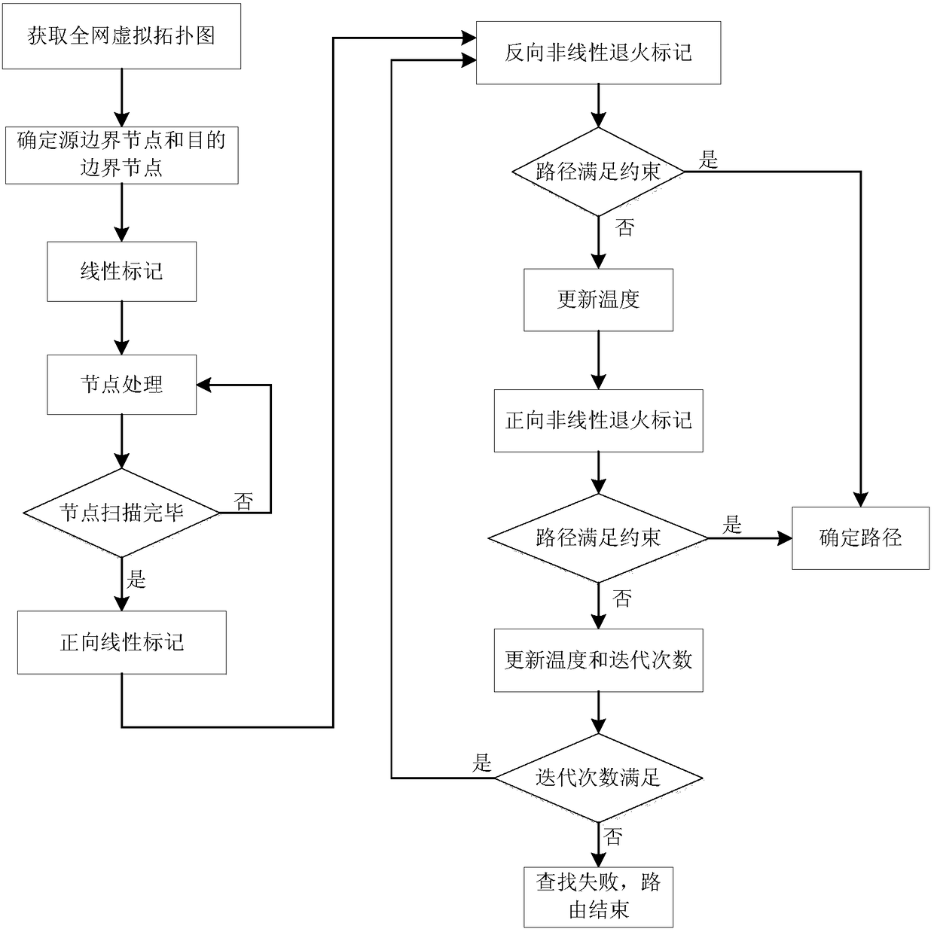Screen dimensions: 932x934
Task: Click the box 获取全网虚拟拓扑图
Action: tap(121, 36)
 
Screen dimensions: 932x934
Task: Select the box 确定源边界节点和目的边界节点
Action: tap(121, 155)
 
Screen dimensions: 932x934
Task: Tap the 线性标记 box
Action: tap(121, 272)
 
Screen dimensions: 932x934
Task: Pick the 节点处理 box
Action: tap(121, 385)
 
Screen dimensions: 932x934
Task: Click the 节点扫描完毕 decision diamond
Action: tap(121, 513)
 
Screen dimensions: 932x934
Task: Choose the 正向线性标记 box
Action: tap(121, 642)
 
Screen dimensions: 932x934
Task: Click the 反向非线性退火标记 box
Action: tap(598, 53)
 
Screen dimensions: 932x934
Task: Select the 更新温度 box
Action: tap(598, 300)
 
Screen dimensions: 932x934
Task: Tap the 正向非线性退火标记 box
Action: tap(598, 420)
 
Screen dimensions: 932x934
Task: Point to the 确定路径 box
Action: tap(860, 538)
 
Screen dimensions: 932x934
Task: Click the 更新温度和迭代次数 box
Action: tap(598, 660)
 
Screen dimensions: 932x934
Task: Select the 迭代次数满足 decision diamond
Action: tap(598, 778)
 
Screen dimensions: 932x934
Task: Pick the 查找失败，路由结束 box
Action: tap(598, 897)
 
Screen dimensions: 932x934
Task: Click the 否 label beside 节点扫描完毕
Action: tap(243, 501)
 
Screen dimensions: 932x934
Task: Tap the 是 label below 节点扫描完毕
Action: tap(136, 579)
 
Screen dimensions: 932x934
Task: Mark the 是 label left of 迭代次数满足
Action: tap(482, 763)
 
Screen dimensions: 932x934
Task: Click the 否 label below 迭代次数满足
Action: tap(613, 836)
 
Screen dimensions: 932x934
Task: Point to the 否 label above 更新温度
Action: tap(624, 228)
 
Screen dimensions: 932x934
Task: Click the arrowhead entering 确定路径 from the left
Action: tap(786, 538)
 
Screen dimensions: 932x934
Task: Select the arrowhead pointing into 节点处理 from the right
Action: tap(204, 385)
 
